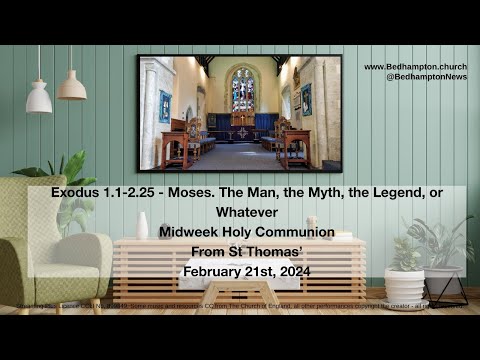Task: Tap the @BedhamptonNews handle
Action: click(420, 76)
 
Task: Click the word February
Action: click(213, 271)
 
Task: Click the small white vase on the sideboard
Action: click(143, 227)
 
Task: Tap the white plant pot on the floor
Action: click(404, 286)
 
